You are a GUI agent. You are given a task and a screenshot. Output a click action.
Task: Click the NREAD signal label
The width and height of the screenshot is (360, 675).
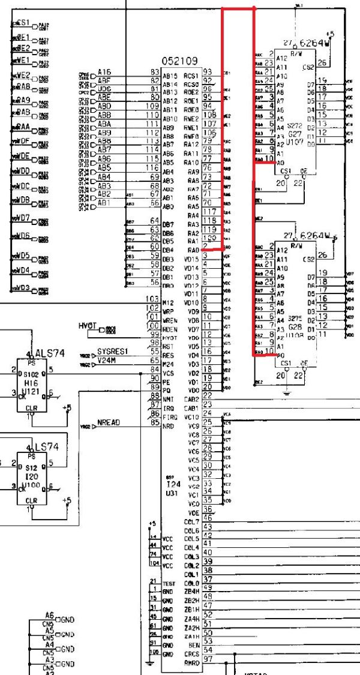tap(109, 422)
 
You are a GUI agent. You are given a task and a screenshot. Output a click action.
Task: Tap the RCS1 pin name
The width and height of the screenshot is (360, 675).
tap(191, 76)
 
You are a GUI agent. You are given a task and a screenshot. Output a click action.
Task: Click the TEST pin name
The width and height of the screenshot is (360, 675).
tap(169, 583)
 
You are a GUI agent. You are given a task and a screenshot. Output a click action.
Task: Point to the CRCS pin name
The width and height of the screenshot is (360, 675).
tap(192, 653)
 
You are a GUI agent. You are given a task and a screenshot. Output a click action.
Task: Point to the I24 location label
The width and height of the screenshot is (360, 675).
tap(173, 484)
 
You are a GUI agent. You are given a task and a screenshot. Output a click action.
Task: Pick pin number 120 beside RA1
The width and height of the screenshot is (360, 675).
tap(209, 238)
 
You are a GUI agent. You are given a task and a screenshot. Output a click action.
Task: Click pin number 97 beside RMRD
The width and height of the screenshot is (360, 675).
tap(208, 660)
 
